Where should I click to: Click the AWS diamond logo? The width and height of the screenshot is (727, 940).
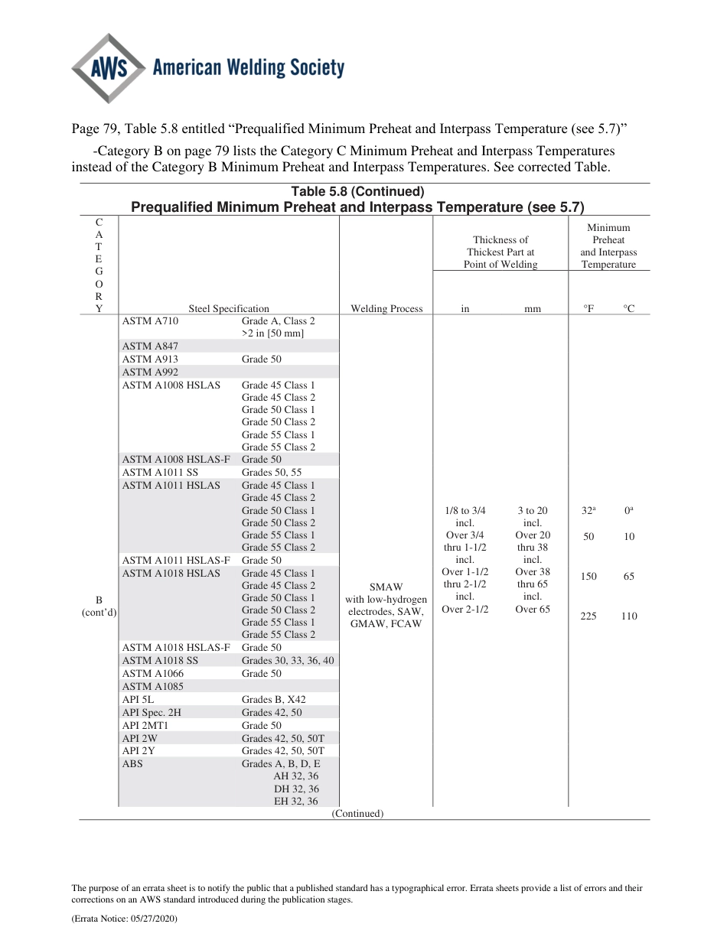coord(109,69)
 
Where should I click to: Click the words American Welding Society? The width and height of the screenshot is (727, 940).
coord(249,69)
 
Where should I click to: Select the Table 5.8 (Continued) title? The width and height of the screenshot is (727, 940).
coord(357,192)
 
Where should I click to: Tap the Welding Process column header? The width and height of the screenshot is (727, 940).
coord(386,309)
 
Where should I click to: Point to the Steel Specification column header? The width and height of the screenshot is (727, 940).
coord(229,309)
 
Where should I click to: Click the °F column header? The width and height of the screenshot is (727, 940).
coord(588,309)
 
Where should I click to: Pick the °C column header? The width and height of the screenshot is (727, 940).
coord(628,309)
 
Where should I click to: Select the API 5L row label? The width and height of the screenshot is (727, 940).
coord(134,700)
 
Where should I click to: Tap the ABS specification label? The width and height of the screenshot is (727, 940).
coord(132,763)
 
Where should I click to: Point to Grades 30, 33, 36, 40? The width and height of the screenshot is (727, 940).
coord(288,661)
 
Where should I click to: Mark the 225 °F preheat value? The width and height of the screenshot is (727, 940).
coord(588,616)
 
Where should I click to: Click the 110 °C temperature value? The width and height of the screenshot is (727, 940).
coord(629,616)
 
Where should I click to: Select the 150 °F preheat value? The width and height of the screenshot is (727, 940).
coord(588,577)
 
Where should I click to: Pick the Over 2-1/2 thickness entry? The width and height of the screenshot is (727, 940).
coord(465,610)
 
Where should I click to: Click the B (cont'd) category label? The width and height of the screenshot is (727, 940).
coord(99,606)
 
